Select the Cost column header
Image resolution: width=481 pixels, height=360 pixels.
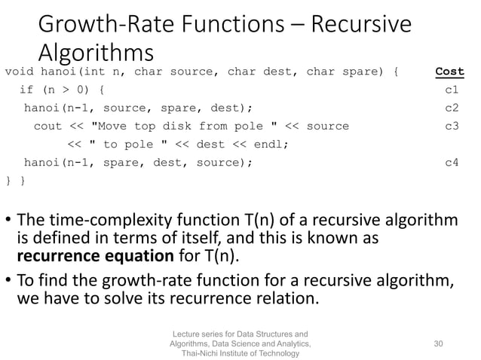coord(449,72)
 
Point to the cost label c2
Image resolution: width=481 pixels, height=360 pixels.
coord(452,108)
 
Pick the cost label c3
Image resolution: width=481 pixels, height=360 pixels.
coord(452,126)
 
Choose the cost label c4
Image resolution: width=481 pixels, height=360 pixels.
coord(452,161)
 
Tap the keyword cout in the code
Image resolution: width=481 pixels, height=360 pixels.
coord(47,126)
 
